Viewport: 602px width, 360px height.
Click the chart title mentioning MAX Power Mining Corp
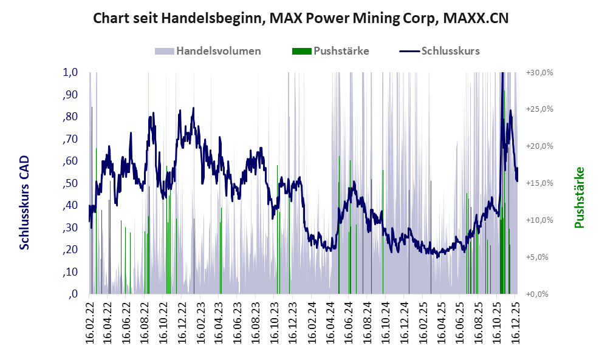(301, 19)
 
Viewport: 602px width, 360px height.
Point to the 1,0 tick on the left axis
(70, 72)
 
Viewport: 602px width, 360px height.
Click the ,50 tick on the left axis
(70, 183)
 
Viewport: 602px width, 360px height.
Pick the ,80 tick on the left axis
(70, 117)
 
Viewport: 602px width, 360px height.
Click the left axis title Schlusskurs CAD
(24, 202)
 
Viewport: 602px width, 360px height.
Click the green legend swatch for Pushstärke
(302, 51)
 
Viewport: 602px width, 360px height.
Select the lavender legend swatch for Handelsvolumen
(165, 51)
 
